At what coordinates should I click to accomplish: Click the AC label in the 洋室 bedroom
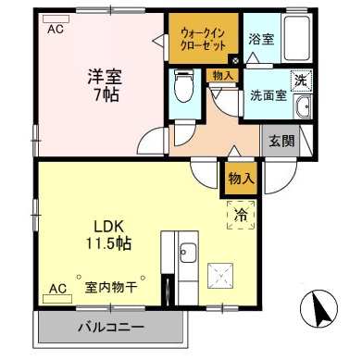tap(56, 29)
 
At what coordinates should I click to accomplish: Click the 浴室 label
tap(261, 40)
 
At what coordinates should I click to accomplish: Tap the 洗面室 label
tap(266, 94)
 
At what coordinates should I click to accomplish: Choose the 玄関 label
tap(282, 142)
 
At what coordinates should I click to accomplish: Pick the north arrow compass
tap(318, 308)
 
